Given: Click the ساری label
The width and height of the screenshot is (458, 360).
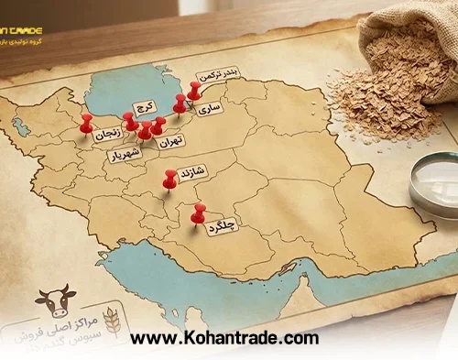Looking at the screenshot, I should (x=210, y=107).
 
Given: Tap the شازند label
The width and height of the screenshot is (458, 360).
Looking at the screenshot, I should (x=197, y=170).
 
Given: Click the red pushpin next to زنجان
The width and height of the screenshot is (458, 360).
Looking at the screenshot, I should (x=86, y=121).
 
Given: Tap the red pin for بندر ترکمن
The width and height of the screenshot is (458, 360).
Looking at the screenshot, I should (x=194, y=89).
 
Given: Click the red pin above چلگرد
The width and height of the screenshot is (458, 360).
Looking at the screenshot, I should (x=198, y=213).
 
